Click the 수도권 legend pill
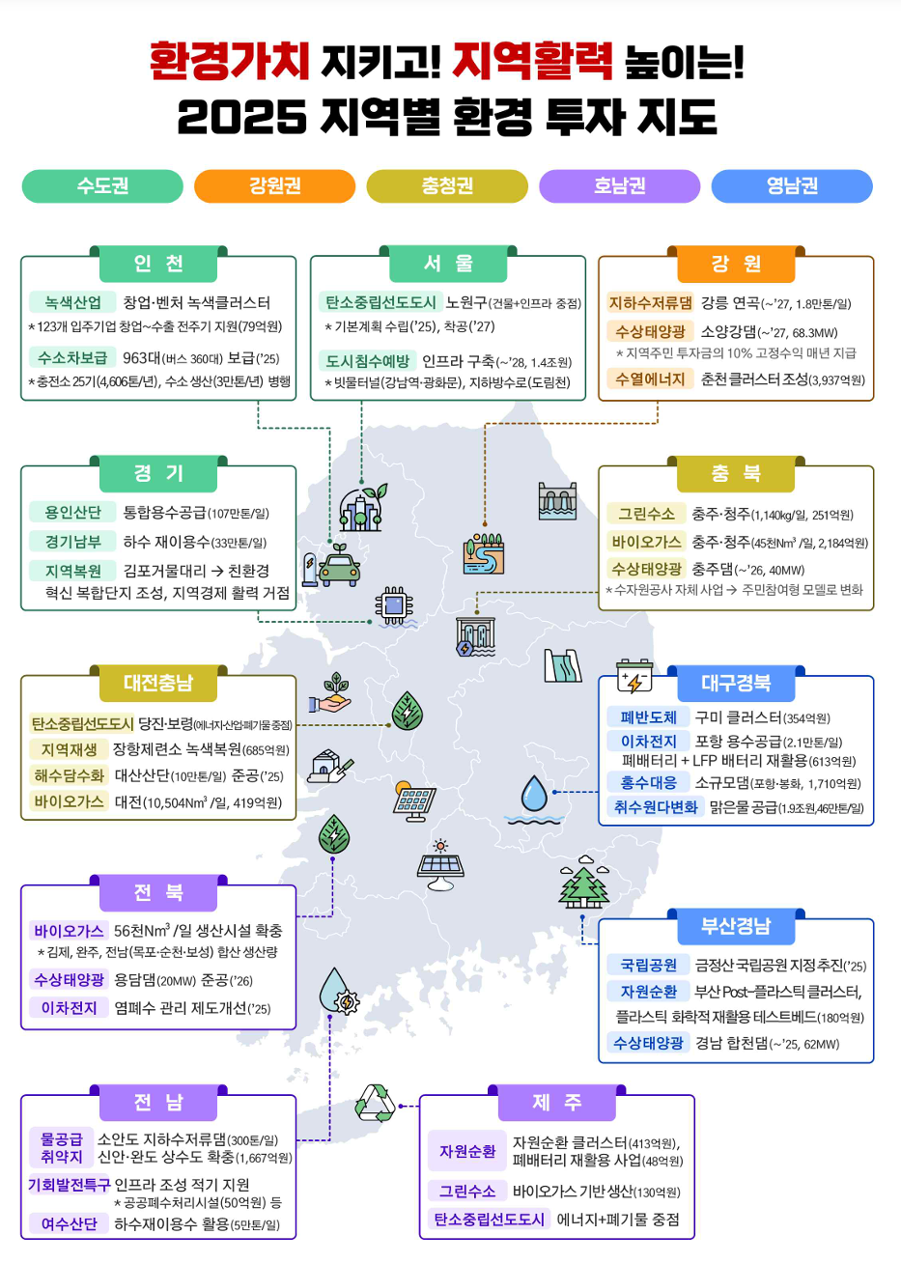[102, 186]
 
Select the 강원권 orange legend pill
[275, 186]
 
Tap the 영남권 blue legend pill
[792, 186]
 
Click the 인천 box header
[158, 264]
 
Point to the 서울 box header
[448, 264]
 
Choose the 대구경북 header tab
[736, 683]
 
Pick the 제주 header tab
[556, 1103]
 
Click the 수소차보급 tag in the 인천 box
[72, 357]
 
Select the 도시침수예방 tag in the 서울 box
[367, 361]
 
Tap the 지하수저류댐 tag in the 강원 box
[650, 303]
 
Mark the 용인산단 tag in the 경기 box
[72, 513]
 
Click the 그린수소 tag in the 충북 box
[647, 514]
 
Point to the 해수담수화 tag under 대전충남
[70, 775]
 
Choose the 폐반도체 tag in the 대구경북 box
[648, 717]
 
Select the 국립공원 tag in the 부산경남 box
[649, 965]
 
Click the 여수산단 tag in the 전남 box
[70, 1223]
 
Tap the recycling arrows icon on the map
[375, 1103]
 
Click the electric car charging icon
[332, 566]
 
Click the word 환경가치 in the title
[229, 60]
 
